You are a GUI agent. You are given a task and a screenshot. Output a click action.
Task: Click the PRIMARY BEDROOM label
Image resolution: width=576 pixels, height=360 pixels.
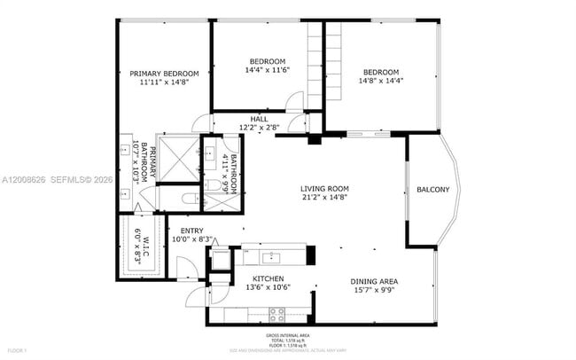164,74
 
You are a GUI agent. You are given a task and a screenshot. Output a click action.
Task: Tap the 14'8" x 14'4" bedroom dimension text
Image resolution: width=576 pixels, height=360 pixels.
379,82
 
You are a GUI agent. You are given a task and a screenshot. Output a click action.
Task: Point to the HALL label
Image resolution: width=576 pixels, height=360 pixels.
259,119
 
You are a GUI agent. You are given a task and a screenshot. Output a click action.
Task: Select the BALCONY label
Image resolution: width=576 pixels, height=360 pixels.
432,189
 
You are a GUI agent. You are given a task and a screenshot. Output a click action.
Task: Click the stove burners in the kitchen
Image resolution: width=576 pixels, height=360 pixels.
276,312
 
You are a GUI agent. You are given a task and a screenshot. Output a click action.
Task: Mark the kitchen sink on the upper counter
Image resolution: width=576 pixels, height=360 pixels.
273,257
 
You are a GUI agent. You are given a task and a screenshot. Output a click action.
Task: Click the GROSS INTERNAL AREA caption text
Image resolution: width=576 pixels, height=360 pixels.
287,335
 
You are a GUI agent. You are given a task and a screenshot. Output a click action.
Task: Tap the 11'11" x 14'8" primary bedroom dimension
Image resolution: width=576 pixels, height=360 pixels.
164,82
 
